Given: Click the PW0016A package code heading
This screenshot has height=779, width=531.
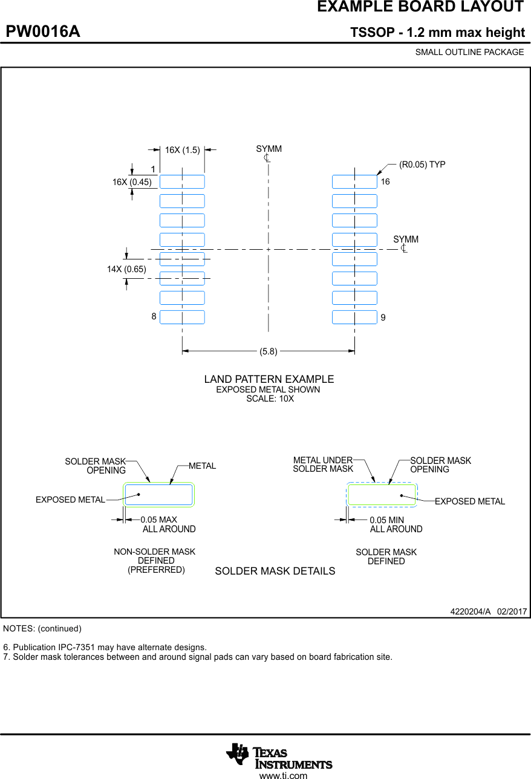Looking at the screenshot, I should point(43,32).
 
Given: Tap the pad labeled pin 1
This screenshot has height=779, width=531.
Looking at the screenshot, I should point(182,181).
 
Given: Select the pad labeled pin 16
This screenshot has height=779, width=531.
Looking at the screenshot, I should point(354,181).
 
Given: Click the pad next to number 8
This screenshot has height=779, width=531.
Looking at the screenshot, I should point(182,317).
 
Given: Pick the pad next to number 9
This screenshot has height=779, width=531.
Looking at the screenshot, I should point(354,317).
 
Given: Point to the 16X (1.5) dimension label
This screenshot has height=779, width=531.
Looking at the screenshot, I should point(183,150).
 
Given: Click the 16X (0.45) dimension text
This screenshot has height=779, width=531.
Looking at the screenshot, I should point(132,181).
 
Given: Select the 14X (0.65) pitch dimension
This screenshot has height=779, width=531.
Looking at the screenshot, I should point(126,269).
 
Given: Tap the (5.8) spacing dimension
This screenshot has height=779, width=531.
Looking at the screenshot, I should point(269,351).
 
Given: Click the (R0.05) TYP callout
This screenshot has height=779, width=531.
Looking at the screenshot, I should point(422,165).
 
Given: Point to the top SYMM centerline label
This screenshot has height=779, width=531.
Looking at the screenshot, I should point(269,149).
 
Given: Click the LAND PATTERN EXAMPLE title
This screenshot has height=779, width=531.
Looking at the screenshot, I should point(269,379).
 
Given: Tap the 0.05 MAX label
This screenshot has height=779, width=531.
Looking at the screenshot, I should point(159,520).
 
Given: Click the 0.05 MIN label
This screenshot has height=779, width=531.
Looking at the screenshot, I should point(387,520).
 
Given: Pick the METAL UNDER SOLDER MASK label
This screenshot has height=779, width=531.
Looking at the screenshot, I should point(323,464).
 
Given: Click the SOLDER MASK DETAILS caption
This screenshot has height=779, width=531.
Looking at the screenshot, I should point(275,571).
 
